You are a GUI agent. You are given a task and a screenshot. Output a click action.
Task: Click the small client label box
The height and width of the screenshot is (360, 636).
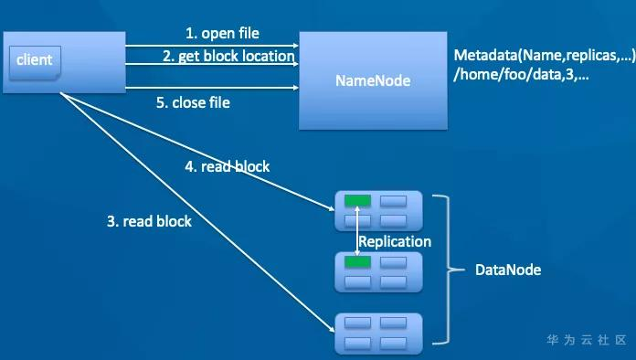(x=35, y=62)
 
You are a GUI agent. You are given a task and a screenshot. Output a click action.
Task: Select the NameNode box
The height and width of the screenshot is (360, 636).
(x=373, y=80)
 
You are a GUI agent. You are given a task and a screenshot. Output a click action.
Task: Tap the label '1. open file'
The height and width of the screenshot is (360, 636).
(x=222, y=33)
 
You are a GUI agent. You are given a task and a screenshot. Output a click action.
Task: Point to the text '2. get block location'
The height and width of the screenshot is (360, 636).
(x=228, y=56)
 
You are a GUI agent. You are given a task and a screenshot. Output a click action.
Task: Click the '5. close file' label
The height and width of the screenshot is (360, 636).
(x=193, y=102)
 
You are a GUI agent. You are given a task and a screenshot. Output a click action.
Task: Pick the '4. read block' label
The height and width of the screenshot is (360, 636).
(x=228, y=166)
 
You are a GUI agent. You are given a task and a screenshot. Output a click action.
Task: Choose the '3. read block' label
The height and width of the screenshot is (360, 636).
(x=149, y=221)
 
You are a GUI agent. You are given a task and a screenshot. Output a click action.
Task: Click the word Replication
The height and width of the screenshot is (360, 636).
(x=395, y=241)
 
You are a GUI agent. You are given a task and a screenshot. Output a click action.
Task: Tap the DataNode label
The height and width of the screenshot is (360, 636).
(x=508, y=270)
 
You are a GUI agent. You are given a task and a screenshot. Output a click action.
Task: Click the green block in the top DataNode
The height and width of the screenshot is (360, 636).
(x=358, y=201)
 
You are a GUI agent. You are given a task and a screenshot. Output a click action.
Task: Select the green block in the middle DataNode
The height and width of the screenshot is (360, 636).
(x=358, y=262)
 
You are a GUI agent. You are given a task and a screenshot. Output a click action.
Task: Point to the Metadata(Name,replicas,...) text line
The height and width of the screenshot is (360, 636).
(x=545, y=55)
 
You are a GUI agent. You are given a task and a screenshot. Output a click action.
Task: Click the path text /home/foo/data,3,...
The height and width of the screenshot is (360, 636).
(x=521, y=75)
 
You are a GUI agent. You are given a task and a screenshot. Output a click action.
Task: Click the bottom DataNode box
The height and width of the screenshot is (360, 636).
(x=378, y=334)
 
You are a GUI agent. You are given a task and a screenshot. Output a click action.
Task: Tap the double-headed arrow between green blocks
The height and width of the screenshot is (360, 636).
(x=357, y=231)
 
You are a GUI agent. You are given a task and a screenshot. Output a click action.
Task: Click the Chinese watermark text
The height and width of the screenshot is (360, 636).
(x=587, y=340)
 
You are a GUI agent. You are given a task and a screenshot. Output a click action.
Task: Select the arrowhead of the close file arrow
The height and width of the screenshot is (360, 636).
(x=296, y=88)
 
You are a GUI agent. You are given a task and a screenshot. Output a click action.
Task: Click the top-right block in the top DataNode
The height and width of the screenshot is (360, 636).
(x=394, y=201)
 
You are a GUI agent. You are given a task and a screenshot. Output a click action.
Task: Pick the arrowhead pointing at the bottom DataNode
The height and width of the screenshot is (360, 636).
(x=332, y=329)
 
